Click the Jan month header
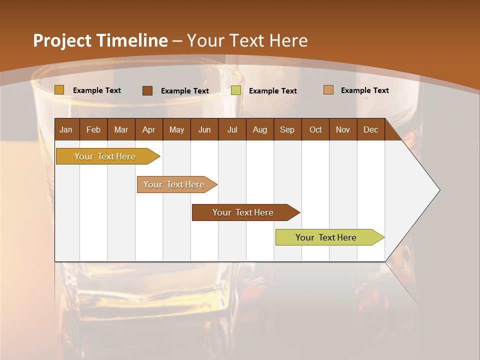[x=66, y=129]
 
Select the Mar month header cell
[x=121, y=129]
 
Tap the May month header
[x=176, y=129]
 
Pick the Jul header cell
[x=232, y=129]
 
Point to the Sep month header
[x=287, y=129]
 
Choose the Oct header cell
[x=315, y=129]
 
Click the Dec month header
[x=370, y=129]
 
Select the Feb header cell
[x=93, y=129]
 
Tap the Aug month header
[x=259, y=129]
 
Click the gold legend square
[x=59, y=90]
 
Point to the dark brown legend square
[x=147, y=90]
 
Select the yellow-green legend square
[x=236, y=90]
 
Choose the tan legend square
[x=328, y=90]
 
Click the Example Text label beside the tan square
[x=364, y=90]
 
